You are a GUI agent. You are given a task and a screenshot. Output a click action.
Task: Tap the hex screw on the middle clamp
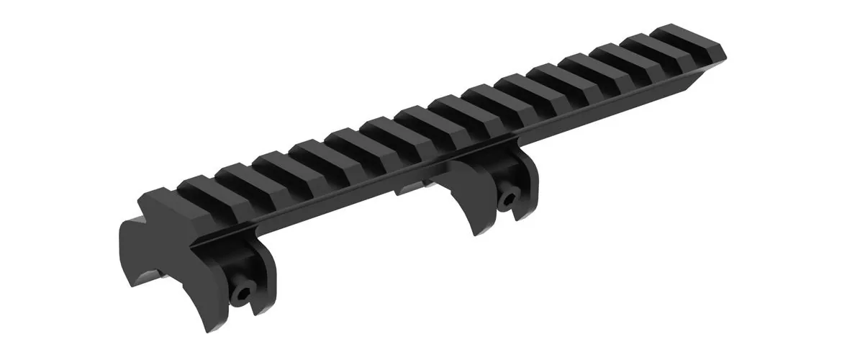point(510,198)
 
